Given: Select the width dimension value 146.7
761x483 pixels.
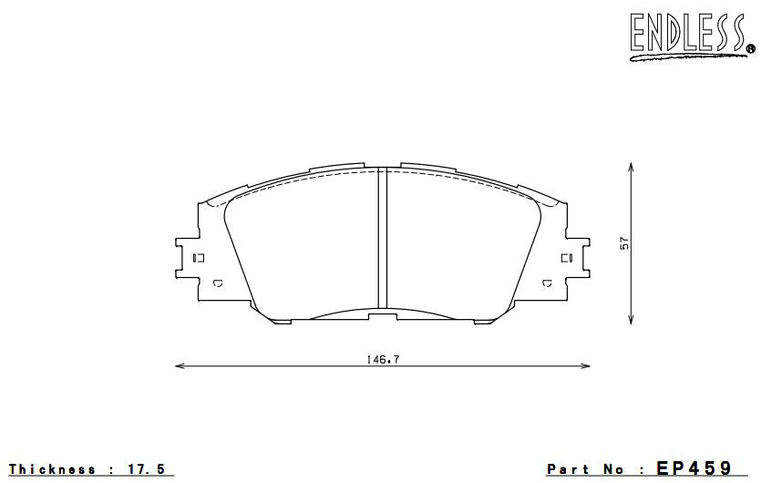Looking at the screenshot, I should (x=384, y=359).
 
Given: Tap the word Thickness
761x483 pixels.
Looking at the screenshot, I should (x=52, y=469).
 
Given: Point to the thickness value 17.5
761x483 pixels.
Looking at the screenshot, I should (x=148, y=469).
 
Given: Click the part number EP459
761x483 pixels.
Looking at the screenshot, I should (x=694, y=468).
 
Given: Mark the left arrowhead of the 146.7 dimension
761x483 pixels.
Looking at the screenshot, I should (x=180, y=366).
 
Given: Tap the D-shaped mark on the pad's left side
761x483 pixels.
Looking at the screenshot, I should (x=217, y=284).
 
